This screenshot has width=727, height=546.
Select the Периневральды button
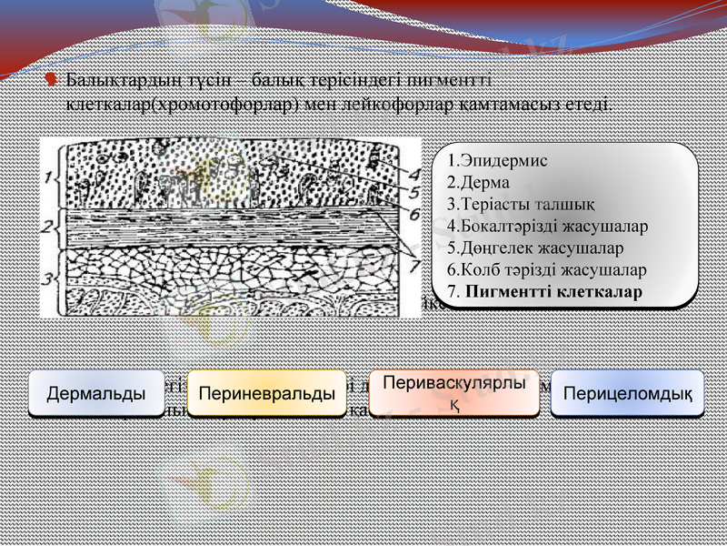tap(266, 394)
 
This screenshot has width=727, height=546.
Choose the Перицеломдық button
tap(628, 394)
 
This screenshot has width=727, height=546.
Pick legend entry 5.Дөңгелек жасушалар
tap(535, 248)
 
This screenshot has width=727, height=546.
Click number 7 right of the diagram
tap(413, 266)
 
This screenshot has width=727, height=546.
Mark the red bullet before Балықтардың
tap(54, 80)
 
